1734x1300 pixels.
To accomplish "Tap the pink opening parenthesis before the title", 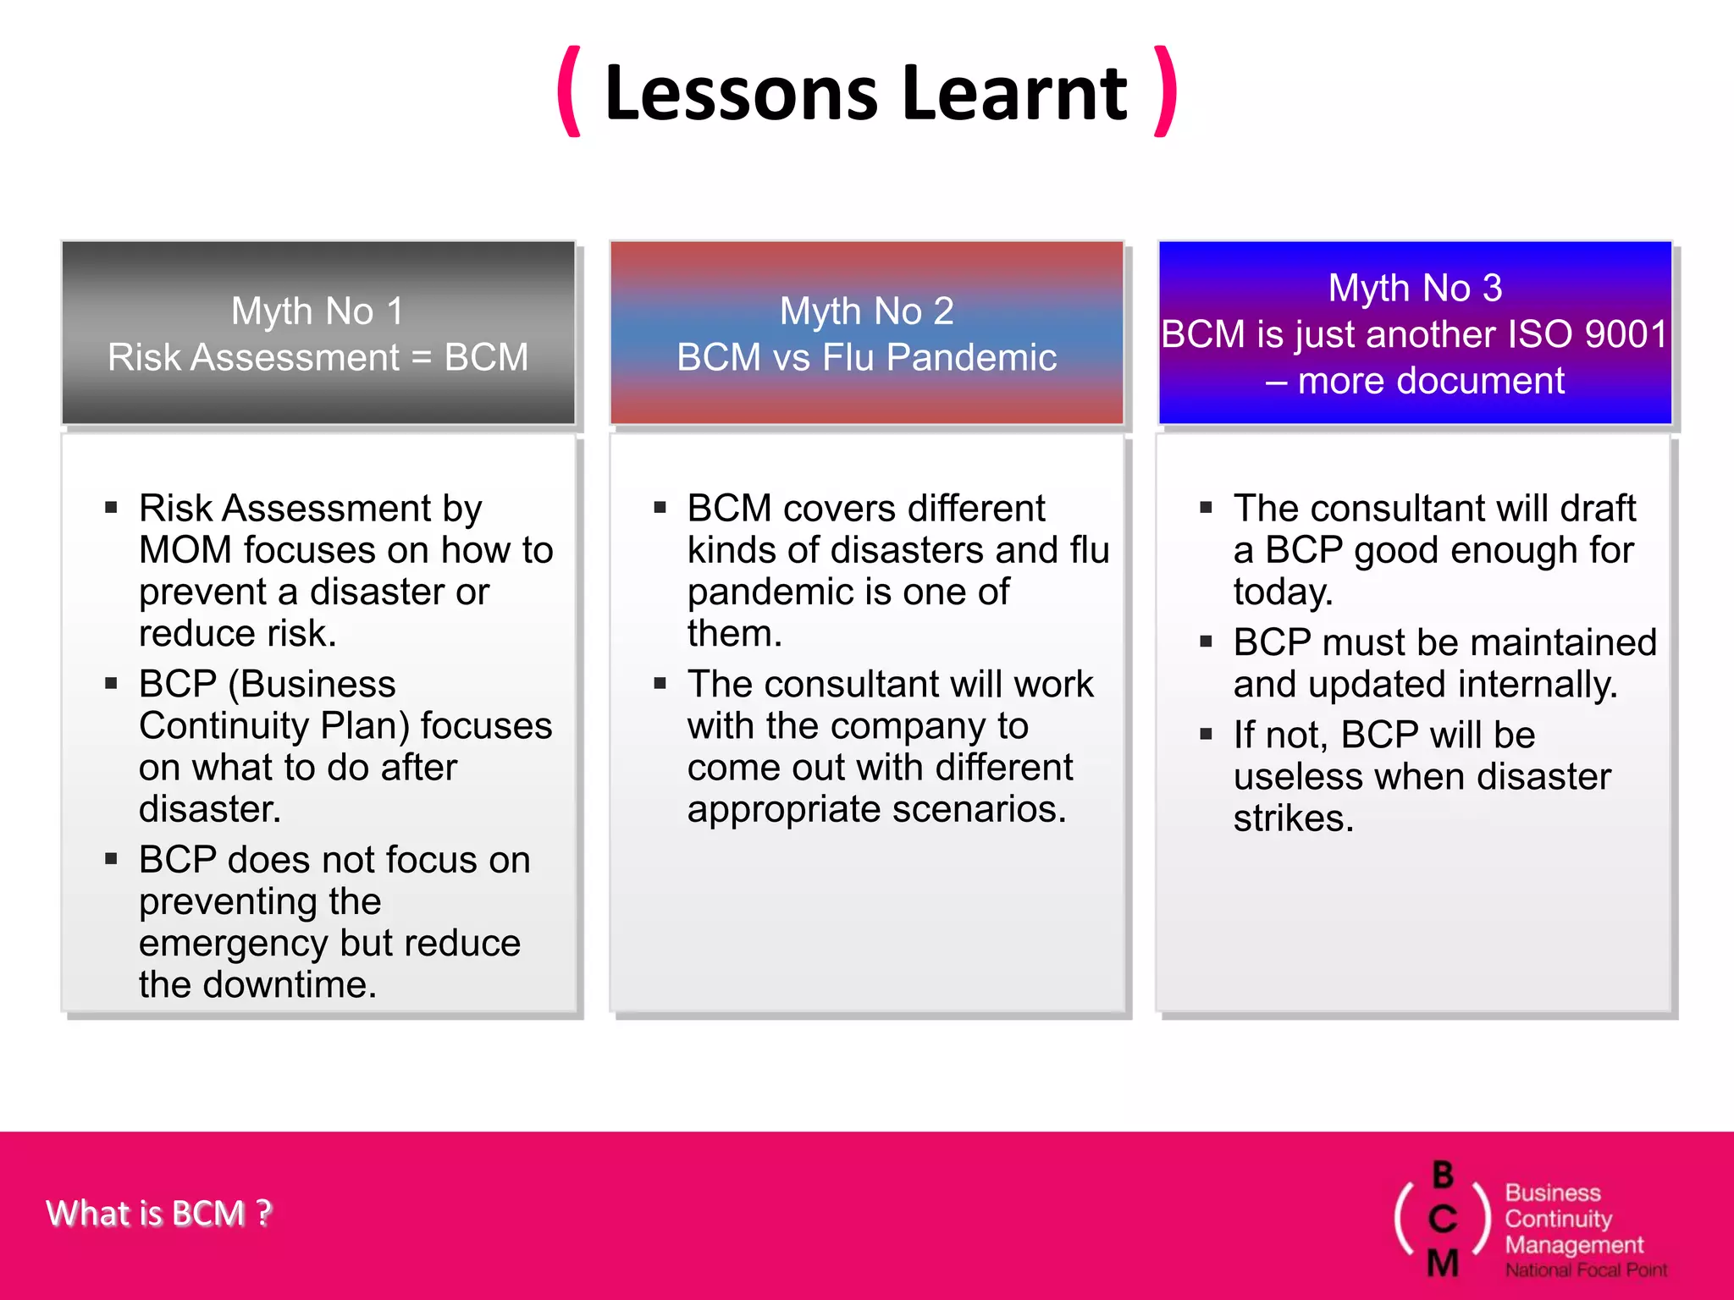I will [x=570, y=91].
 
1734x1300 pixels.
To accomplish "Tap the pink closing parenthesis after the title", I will [x=1166, y=91].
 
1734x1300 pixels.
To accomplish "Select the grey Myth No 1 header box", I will [x=318, y=333].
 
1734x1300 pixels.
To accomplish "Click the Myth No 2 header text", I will [x=866, y=311].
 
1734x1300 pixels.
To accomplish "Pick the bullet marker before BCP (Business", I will [x=111, y=683].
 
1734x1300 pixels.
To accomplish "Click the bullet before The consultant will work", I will [x=660, y=683].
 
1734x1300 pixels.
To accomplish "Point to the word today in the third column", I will [x=1280, y=592].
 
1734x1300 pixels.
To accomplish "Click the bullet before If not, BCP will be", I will [x=1206, y=734].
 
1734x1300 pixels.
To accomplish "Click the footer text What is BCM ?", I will [x=159, y=1213].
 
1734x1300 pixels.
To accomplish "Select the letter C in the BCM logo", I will [x=1443, y=1220].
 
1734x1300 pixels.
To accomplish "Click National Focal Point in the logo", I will [x=1585, y=1270].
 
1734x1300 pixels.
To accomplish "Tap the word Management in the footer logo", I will [x=1573, y=1245].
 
